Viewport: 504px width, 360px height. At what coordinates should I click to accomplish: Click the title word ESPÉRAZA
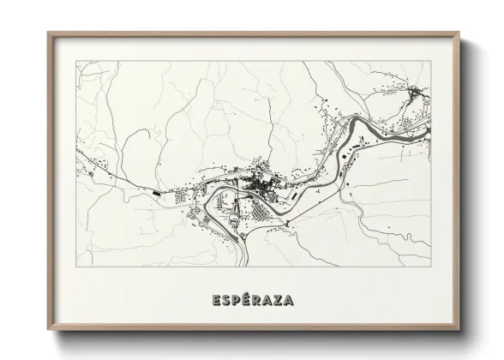coord(252,300)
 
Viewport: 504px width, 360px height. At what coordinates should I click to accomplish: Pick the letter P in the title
coord(234,300)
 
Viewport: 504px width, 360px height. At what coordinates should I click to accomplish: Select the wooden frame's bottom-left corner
coord(49,330)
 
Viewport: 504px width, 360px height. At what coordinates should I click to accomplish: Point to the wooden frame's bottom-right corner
coord(460,330)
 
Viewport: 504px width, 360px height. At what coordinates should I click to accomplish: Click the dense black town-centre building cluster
coord(260,183)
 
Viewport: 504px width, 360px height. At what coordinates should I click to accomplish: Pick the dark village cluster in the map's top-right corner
coord(416,92)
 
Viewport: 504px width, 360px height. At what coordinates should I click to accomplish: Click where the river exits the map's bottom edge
coord(249,264)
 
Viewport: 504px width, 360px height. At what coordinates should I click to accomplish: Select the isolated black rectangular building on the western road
coord(156,194)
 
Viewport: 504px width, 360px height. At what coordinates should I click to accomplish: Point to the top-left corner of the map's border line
coord(75,62)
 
